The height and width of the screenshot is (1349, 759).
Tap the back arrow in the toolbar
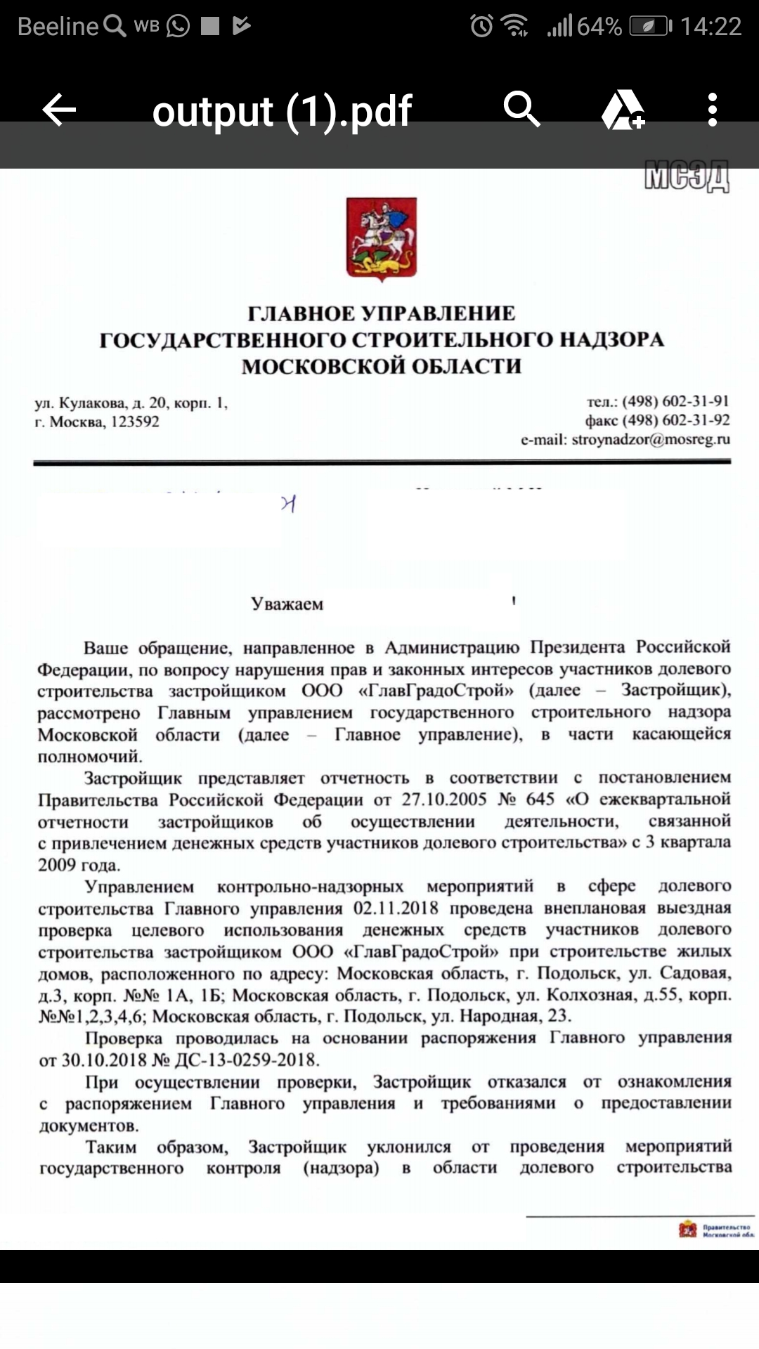[x=59, y=110]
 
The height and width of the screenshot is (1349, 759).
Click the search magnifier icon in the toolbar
[x=521, y=110]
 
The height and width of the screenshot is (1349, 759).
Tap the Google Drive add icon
[x=623, y=110]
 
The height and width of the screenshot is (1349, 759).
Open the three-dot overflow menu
[x=713, y=110]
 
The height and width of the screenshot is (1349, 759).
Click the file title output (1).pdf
[x=282, y=111]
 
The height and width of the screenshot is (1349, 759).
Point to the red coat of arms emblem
[x=382, y=239]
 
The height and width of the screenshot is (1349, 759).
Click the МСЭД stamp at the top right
[x=687, y=176]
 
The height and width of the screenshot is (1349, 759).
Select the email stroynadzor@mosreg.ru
[x=651, y=440]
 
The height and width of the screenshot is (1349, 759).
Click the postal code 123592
[x=135, y=422]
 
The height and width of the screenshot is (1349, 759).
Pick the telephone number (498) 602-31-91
[x=675, y=401]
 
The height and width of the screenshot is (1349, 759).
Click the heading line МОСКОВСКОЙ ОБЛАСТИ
[x=382, y=366]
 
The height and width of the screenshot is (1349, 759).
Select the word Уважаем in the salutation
[x=287, y=604]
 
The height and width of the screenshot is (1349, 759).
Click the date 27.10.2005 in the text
[x=444, y=800]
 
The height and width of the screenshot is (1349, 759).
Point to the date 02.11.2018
[x=396, y=908]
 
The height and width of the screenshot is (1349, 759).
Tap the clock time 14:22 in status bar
[x=711, y=27]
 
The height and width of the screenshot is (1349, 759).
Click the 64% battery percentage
[x=599, y=27]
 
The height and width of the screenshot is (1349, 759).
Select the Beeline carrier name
[x=58, y=27]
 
